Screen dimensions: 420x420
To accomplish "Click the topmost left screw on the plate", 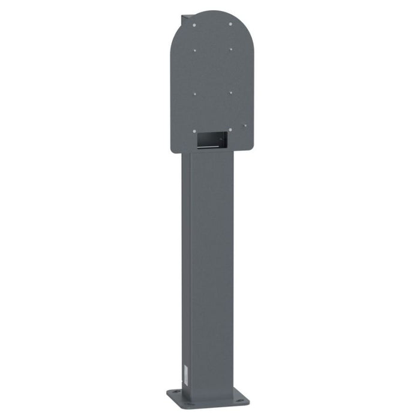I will [194, 25].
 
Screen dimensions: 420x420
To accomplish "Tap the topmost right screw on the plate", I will [230, 24].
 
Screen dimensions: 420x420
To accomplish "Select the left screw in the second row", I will [194, 50].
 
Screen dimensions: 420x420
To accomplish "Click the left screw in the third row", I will [194, 94].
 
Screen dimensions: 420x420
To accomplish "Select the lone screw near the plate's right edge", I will [245, 125].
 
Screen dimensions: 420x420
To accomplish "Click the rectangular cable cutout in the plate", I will [212, 140].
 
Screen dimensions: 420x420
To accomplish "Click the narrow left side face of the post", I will [185, 270].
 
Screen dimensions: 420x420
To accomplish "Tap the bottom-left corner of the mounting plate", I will [173, 151].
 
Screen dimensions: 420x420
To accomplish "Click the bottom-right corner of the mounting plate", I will [248, 148].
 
